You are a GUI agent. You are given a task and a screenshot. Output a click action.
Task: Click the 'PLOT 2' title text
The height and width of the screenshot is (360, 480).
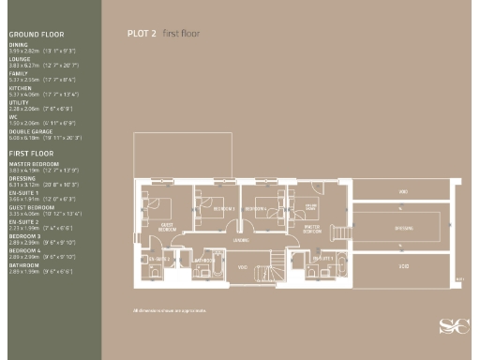(142, 32)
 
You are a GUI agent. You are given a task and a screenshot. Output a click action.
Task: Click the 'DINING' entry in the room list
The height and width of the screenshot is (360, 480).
(19, 44)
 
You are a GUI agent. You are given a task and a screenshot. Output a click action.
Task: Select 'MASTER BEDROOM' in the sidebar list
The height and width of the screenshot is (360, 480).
(29, 163)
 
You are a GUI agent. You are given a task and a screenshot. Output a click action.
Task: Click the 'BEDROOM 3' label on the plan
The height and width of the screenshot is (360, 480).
(223, 207)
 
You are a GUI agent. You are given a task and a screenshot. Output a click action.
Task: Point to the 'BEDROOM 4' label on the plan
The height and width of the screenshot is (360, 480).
(255, 207)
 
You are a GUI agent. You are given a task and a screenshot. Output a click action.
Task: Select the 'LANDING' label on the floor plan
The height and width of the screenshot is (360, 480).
(241, 240)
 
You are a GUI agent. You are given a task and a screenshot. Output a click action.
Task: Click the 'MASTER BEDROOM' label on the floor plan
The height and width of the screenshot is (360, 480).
(313, 227)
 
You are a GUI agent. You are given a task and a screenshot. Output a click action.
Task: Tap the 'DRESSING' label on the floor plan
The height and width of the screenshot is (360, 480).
(404, 227)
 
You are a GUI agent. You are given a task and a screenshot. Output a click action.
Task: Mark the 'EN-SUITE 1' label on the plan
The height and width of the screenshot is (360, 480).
(322, 258)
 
